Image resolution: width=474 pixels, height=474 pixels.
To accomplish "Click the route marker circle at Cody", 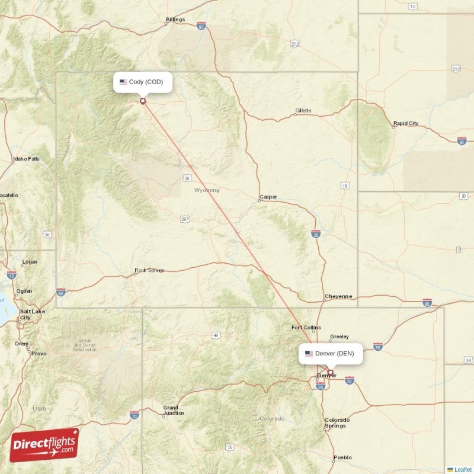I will [x=143, y=101].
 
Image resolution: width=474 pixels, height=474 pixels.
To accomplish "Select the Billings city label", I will [x=175, y=20].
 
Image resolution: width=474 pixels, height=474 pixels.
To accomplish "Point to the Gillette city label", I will [x=303, y=111].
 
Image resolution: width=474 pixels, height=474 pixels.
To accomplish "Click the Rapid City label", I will [x=406, y=123].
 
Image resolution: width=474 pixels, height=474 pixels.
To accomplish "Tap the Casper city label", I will [x=268, y=197].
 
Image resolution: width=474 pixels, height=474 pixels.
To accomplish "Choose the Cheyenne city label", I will [x=338, y=296].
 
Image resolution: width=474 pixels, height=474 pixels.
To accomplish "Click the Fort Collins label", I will [x=306, y=328].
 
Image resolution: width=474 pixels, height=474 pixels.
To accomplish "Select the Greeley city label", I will [x=340, y=337].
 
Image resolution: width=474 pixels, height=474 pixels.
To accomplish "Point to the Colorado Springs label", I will [x=337, y=422].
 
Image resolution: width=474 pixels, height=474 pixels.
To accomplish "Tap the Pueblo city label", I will [x=342, y=457].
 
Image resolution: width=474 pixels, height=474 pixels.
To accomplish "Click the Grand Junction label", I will [x=174, y=410].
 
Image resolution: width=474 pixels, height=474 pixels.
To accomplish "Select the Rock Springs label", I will [x=149, y=270].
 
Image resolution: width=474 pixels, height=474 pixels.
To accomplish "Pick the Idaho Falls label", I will [x=27, y=159].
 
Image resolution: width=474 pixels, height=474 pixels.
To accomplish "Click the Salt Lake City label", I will [x=28, y=314].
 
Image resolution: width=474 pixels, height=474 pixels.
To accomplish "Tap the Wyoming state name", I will [x=207, y=190].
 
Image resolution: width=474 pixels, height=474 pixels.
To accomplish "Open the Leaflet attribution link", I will [x=463, y=469].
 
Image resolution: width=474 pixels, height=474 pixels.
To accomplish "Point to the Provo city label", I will [x=39, y=353].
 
